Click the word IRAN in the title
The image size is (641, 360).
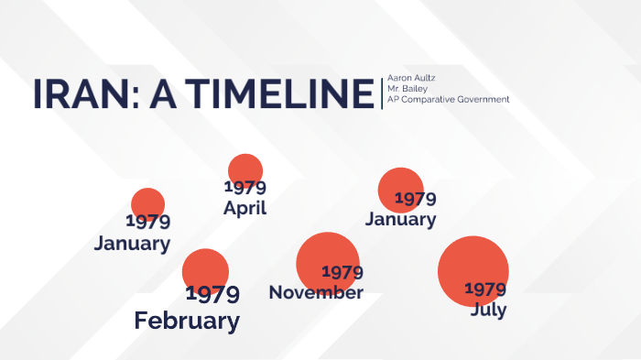coord(74,95)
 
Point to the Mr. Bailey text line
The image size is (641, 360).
coord(407,88)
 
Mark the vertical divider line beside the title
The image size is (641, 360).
coord(382,93)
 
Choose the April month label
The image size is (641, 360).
coord(244,208)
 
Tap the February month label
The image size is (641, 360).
coord(187,321)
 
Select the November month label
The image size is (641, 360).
coord(316,292)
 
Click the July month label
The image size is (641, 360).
coord(488,310)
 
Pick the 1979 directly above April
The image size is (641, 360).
coord(244,188)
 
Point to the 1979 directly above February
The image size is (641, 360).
coord(212,294)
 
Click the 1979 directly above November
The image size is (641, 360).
coord(342,272)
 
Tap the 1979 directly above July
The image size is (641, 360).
coord(485,289)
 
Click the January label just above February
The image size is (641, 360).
coord(132,243)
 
